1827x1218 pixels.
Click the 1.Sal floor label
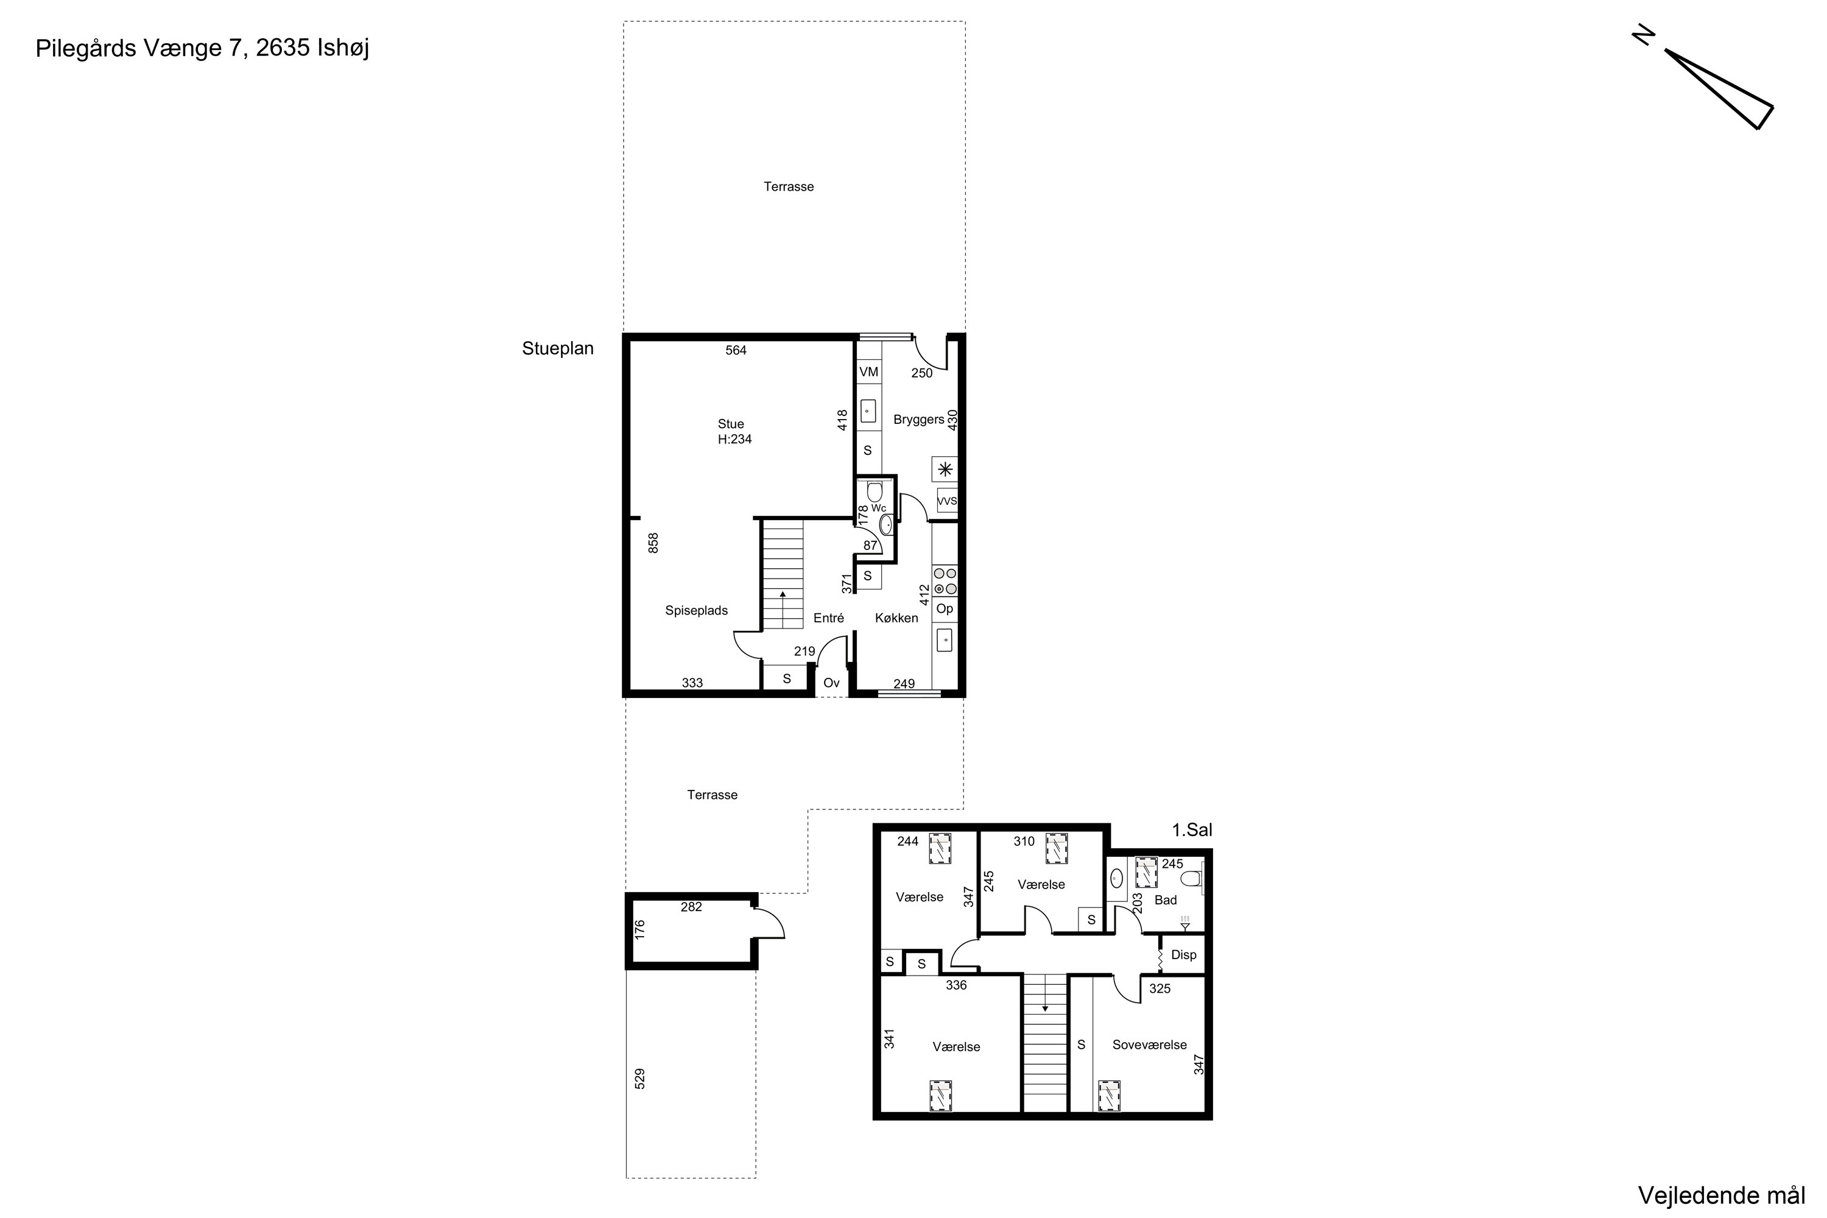pos(1192,829)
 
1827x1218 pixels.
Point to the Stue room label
pos(731,424)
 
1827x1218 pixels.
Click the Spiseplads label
pos(697,611)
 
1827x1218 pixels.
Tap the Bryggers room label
pos(919,420)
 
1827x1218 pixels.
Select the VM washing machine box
pos(868,372)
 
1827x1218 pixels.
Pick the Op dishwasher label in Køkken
pos(945,609)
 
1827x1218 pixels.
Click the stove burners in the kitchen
pos(945,581)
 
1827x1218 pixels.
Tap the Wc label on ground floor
pos(879,509)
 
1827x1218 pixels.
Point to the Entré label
pos(829,618)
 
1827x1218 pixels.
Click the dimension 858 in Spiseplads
pos(653,543)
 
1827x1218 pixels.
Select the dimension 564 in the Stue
pos(736,350)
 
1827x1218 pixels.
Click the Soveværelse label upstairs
pos(1150,1045)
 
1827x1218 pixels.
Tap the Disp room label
pos(1184,956)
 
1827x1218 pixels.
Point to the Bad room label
pos(1166,900)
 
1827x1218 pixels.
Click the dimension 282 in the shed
pos(691,907)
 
